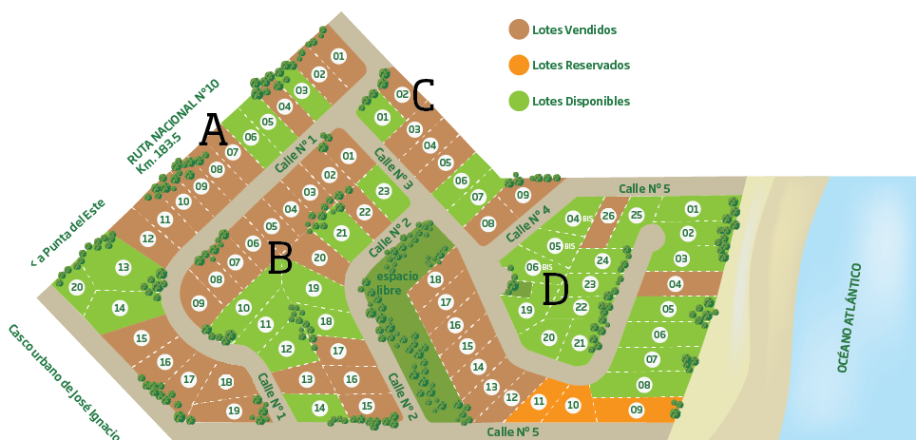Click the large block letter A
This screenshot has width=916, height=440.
[x=213, y=130]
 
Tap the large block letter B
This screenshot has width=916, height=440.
[x=279, y=258]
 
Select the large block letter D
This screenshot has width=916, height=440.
[x=555, y=290]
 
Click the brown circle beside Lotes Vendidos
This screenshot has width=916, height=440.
[x=519, y=29]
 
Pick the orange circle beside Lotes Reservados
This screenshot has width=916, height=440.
[x=519, y=65]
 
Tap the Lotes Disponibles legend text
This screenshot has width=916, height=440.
[x=581, y=101]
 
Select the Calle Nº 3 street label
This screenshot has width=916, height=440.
[x=392, y=168]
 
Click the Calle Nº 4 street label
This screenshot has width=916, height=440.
[x=528, y=223]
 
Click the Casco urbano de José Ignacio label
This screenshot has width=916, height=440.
[x=65, y=380]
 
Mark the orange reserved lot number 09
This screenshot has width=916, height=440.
[x=636, y=410]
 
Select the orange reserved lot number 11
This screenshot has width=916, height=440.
[x=539, y=401]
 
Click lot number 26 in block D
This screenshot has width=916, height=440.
[x=608, y=216]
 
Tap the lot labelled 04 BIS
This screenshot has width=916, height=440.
[x=574, y=219]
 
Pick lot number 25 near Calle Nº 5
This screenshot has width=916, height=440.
[x=637, y=215]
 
